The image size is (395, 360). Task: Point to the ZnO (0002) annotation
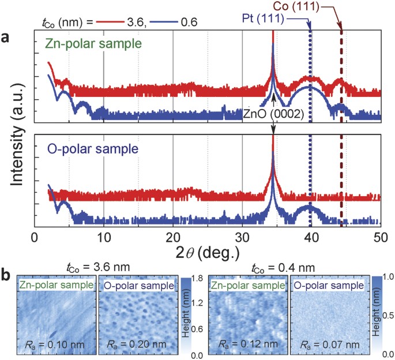[273, 114]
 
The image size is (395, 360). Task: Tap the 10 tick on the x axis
[104, 237]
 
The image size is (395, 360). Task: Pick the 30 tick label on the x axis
[242, 237]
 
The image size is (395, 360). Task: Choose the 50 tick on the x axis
[381, 237]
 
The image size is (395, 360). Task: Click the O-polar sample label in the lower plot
[92, 149]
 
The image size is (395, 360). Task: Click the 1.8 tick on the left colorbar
[196, 280]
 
